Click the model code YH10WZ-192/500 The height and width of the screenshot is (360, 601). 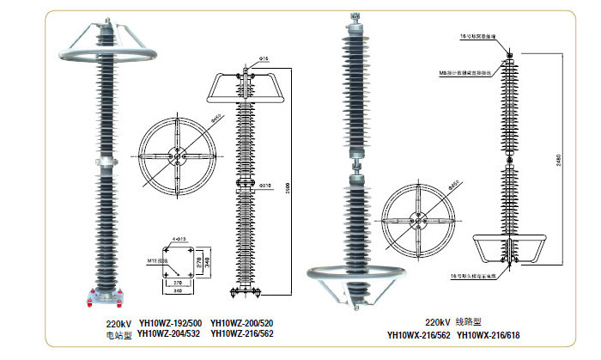(x=170, y=324)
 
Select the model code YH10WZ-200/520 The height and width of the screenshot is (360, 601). (x=241, y=324)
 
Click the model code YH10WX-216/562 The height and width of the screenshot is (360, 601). (x=416, y=335)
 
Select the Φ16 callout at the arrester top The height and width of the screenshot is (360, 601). (x=264, y=59)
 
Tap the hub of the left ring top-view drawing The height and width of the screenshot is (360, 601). (x=176, y=157)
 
